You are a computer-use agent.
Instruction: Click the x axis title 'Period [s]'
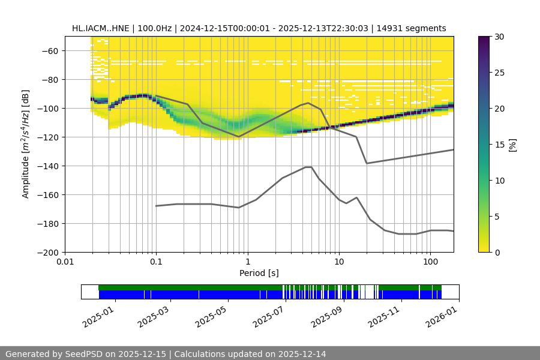coord(259,273)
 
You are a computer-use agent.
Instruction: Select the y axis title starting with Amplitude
coord(26,144)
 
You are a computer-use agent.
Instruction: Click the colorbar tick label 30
coord(499,37)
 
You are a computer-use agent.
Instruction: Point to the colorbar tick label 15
coord(499,145)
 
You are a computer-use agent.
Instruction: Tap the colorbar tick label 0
coord(497,252)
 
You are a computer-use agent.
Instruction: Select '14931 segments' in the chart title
coord(413,28)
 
